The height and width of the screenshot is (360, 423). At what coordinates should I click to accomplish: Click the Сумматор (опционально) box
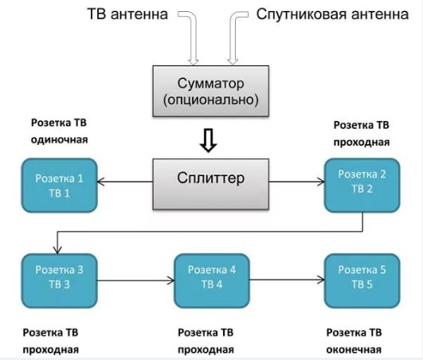pos(210,91)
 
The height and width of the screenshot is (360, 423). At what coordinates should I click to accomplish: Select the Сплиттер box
pos(210,184)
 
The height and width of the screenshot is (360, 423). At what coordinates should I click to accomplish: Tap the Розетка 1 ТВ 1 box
pos(60,186)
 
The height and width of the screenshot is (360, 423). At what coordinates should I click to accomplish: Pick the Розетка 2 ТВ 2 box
pos(362,186)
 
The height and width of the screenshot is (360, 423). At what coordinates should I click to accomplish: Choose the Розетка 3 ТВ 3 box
pos(60,280)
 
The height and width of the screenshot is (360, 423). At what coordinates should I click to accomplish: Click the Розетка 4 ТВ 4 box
pos(212,280)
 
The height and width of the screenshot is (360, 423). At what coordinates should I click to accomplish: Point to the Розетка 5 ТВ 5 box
pos(362,280)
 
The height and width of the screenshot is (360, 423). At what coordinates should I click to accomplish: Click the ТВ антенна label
pos(127,14)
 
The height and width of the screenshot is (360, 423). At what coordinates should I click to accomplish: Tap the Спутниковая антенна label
pos(332,14)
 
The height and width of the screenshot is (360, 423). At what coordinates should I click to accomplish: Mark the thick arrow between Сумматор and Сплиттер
pos(208,140)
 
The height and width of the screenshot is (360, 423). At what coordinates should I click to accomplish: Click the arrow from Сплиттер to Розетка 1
pos(124,182)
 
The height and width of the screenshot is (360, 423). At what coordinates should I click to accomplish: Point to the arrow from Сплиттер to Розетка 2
pos(297,182)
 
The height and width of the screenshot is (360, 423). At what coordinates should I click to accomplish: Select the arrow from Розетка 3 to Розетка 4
pos(135,280)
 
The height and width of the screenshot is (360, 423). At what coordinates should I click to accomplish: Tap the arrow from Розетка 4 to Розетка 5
pos(287,280)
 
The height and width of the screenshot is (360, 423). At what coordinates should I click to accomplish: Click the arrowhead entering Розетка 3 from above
pos(57,250)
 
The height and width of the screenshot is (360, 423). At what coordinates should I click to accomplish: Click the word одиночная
pos(60,140)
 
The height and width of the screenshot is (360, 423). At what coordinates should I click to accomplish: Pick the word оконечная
pos(354,350)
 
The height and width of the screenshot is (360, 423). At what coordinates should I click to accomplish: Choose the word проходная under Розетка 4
pos(206,350)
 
